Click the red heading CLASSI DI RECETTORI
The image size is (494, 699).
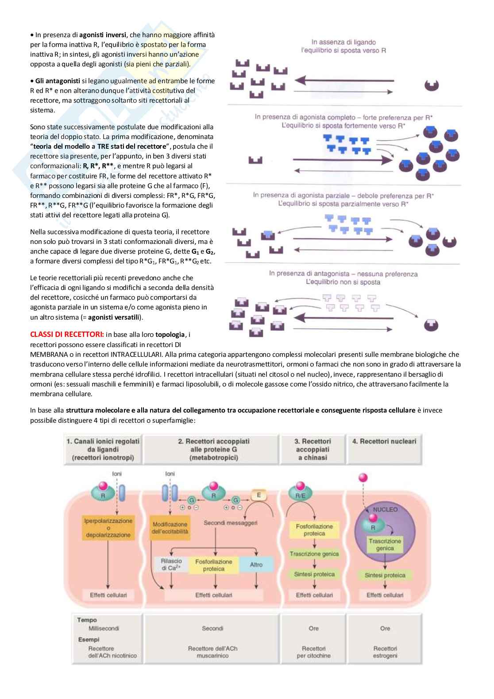pos(67,334)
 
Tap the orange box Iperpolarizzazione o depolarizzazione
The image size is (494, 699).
pos(108,528)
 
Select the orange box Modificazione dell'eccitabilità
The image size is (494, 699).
pos(170,528)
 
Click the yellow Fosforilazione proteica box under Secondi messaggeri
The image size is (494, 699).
pos(214,565)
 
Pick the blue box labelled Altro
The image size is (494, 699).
pos(256,565)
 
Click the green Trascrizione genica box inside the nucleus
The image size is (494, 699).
pos(385,545)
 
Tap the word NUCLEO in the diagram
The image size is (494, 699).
pos(385,509)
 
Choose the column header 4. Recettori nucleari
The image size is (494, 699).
pos(384,441)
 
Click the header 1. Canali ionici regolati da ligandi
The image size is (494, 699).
pos(103,449)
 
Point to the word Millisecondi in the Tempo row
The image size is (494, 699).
pos(104,628)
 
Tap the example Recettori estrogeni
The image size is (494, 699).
pos(385,652)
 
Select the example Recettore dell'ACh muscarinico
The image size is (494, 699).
pos(212,652)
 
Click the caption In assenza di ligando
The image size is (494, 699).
pos(343,42)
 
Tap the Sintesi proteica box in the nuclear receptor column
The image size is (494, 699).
pos(385,575)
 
